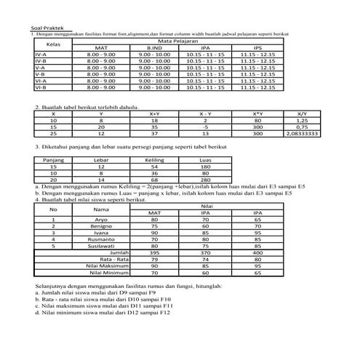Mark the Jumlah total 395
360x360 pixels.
[x=154, y=252]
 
